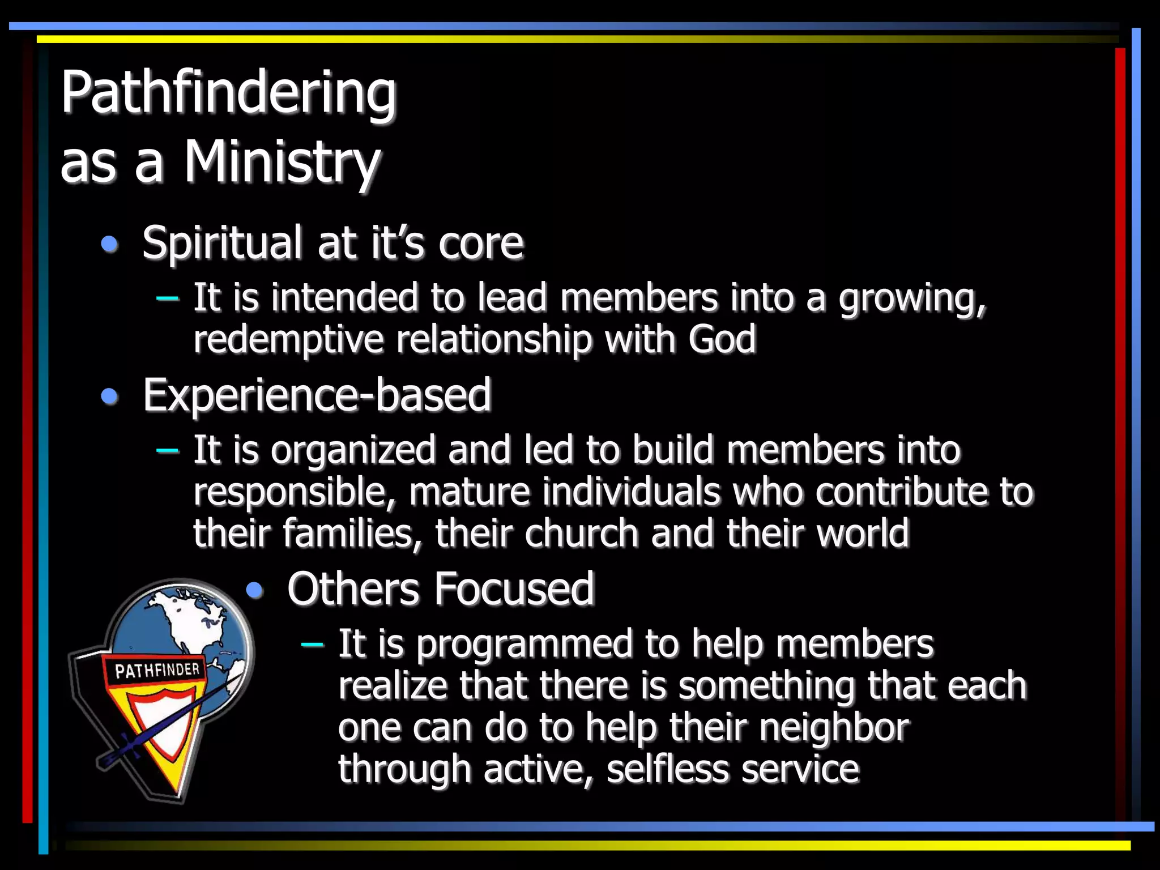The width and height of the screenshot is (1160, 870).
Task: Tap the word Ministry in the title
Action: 282,163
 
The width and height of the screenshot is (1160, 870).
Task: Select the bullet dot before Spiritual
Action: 109,244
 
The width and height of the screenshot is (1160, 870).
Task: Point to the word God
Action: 722,339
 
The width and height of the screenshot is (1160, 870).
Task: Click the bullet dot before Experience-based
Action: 109,396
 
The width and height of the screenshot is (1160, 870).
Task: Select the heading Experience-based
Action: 317,395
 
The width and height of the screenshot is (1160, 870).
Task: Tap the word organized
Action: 353,450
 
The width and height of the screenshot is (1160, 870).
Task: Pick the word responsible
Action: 295,492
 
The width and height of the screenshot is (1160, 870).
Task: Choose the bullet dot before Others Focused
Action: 255,590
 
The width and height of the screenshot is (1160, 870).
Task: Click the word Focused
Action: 514,589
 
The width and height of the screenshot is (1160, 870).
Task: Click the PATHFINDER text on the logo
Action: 157,671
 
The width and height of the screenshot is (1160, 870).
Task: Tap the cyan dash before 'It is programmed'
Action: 312,644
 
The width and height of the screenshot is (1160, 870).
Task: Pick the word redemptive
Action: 288,339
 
